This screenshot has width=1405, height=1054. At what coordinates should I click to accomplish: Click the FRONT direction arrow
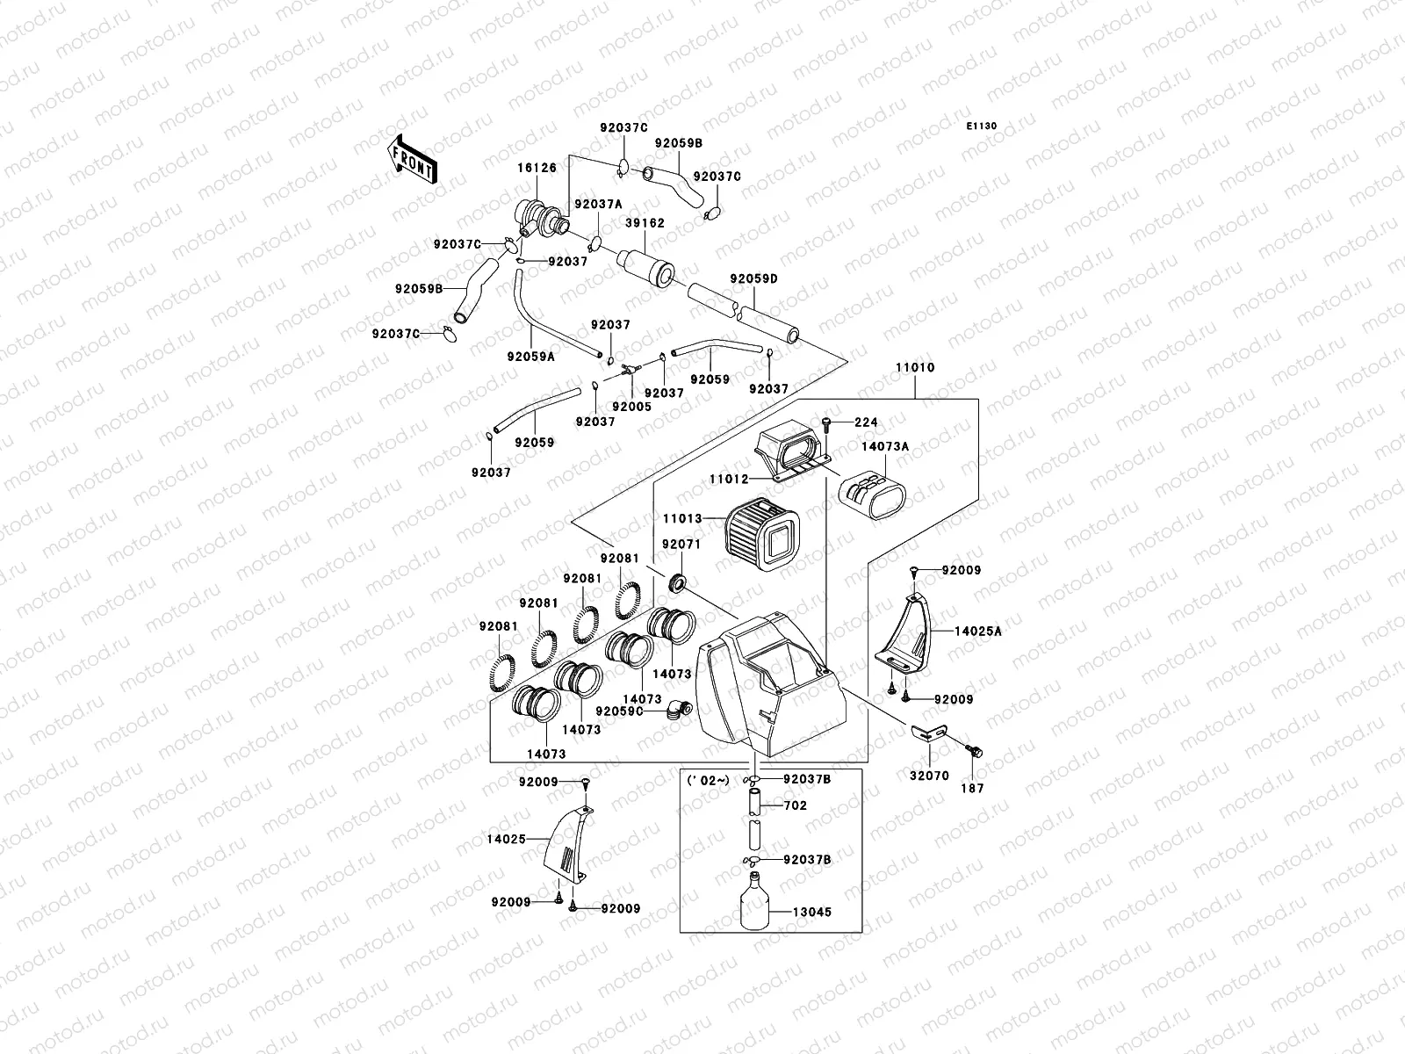point(411,159)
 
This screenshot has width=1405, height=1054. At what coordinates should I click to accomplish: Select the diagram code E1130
point(983,126)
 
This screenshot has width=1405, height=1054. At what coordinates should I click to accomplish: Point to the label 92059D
point(753,279)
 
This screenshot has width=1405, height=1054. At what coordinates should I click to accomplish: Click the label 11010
point(915,368)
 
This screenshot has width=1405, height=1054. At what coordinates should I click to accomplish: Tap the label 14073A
point(884,447)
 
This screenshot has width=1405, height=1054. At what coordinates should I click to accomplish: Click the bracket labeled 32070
point(930,733)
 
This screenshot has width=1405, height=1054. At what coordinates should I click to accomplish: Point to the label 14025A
point(978,631)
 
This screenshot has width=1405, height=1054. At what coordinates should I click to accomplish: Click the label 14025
point(508,839)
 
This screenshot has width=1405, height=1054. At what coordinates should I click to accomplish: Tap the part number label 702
point(795,805)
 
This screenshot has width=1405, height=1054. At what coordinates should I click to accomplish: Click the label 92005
point(631,407)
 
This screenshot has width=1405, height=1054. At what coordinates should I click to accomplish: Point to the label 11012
point(730,480)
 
